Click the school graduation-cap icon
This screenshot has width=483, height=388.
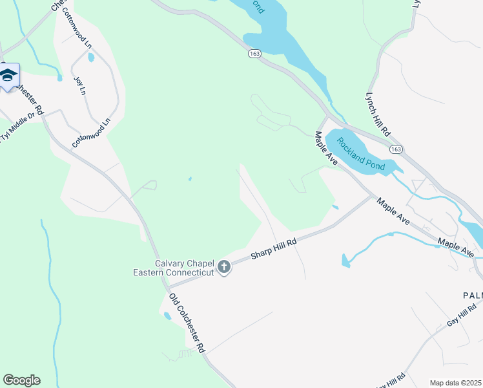point(8,76)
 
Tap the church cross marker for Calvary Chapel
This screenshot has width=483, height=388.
point(224,267)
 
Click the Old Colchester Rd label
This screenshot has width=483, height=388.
point(187,323)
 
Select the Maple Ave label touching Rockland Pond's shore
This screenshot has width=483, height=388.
point(326,148)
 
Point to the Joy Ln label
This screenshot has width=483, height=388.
point(80,86)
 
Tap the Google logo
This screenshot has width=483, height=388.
point(21,380)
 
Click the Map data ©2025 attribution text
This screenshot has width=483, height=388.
point(455,383)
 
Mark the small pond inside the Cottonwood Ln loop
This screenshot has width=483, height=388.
point(90,57)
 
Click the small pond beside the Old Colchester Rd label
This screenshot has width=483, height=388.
point(168,316)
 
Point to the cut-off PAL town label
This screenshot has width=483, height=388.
point(472,296)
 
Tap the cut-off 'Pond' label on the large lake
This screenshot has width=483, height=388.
point(258,6)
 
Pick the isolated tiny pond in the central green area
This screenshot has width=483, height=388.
point(189,178)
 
